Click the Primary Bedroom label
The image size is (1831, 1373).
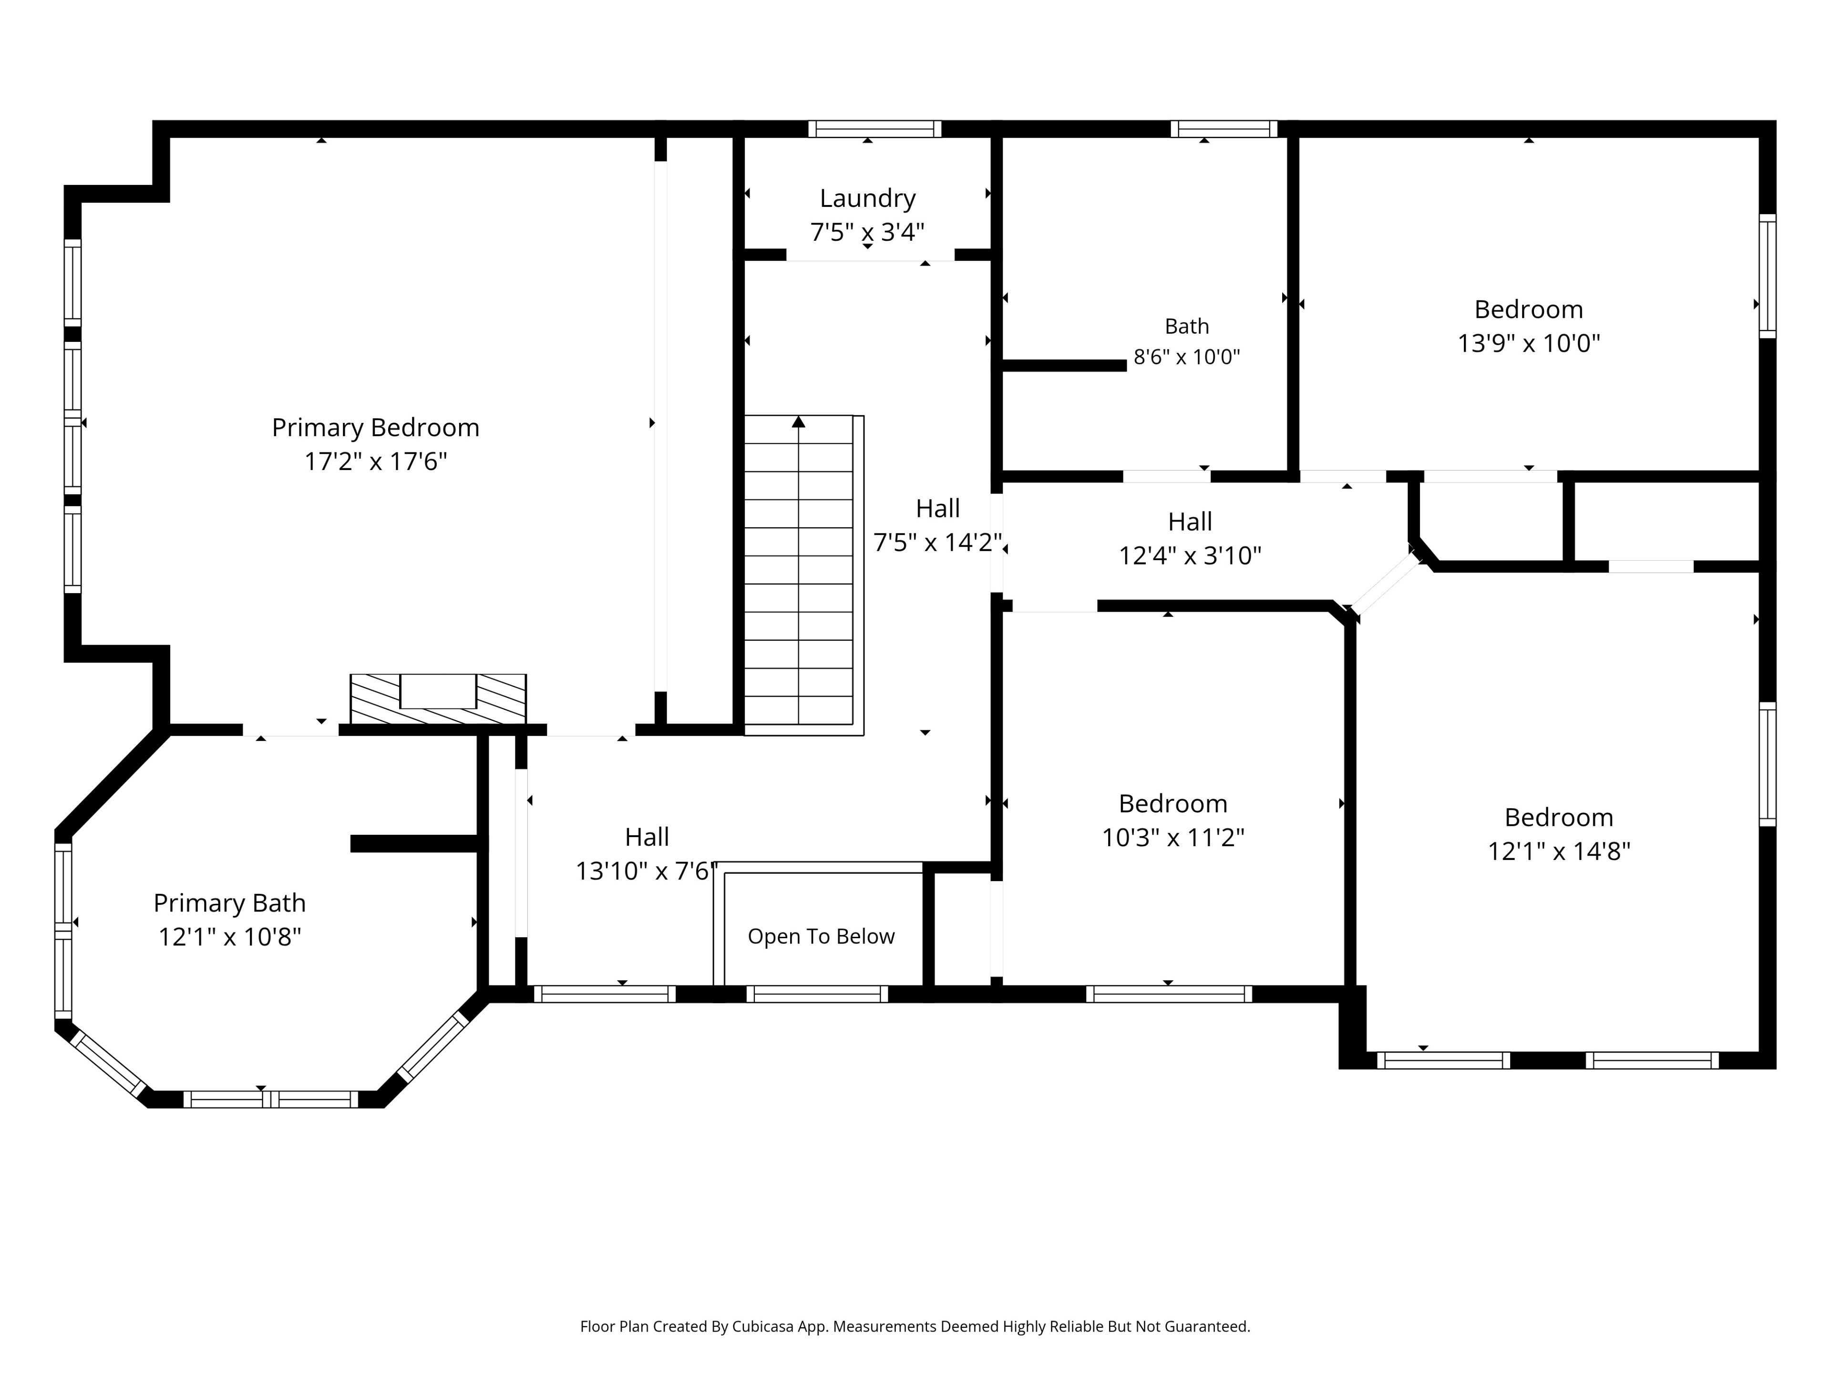(376, 428)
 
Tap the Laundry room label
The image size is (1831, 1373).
(867, 199)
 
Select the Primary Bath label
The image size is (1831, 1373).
(229, 903)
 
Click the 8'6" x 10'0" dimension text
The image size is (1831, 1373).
(1187, 357)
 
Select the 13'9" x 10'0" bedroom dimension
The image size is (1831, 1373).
(1529, 343)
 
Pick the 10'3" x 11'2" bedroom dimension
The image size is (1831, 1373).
(1173, 838)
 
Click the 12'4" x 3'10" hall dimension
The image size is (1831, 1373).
(1190, 555)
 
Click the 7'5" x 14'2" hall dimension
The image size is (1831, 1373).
(938, 542)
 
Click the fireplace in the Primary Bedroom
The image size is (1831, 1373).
(438, 699)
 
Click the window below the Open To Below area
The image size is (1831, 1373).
(817, 994)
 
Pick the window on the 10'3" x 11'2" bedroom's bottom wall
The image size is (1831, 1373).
(1169, 994)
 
